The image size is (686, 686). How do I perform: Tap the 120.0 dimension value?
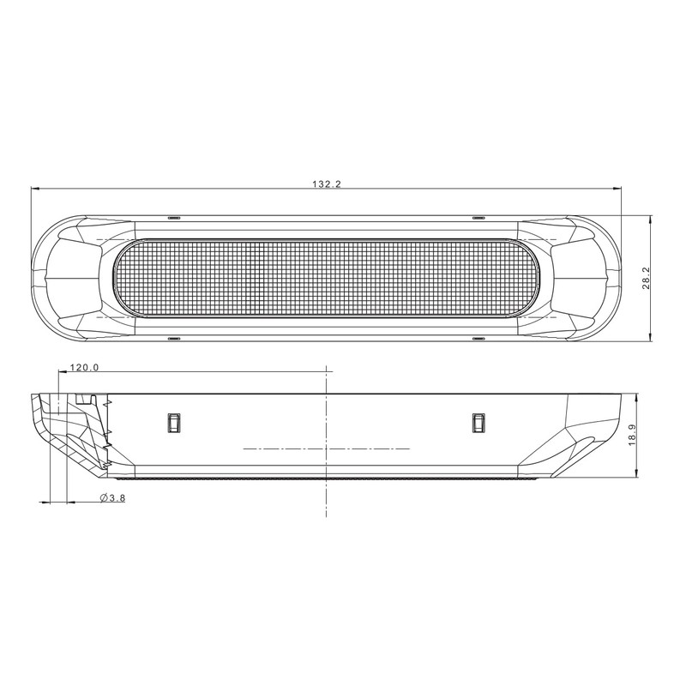point(85,367)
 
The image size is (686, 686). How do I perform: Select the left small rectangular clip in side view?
point(171,422)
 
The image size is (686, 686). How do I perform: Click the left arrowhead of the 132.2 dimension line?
point(35,190)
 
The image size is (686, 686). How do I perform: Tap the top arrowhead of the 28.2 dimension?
point(653,218)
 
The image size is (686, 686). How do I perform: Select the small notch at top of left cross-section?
point(83,400)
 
